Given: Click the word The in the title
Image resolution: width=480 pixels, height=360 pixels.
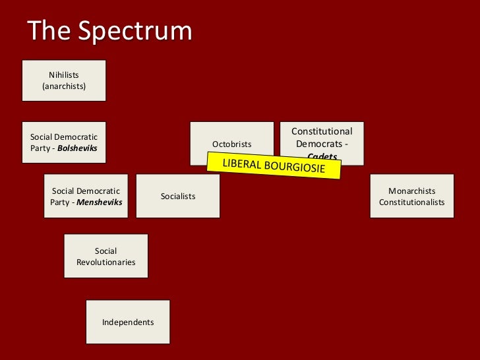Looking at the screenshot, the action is click(x=51, y=31).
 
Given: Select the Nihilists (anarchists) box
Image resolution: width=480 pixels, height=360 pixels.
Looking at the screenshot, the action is click(x=64, y=80).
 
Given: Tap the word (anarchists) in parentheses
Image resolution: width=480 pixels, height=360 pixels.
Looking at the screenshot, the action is click(x=64, y=86).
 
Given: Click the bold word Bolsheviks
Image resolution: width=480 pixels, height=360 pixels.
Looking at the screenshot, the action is click(x=77, y=148).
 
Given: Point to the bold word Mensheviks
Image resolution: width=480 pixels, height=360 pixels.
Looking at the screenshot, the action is click(x=100, y=202).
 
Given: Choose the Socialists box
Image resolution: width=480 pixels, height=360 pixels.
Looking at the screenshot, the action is click(x=178, y=196).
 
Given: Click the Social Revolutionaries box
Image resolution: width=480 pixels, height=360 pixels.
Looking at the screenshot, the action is click(x=106, y=256).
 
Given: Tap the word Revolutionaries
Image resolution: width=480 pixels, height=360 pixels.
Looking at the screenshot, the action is click(x=106, y=262).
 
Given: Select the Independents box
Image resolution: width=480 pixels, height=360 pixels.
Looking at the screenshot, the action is click(x=128, y=322).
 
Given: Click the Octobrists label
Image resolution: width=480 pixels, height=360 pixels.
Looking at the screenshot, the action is click(x=231, y=144).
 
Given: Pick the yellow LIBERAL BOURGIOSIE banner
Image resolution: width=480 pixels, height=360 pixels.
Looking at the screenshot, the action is click(x=274, y=165).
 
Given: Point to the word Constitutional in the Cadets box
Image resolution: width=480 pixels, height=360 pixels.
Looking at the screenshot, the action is click(x=322, y=132).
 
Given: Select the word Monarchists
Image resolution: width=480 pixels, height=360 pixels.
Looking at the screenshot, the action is click(x=412, y=191).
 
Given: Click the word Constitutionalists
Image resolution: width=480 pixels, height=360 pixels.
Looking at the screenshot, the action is click(x=412, y=202).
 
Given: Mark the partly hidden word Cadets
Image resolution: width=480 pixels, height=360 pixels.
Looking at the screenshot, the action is click(x=322, y=156).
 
